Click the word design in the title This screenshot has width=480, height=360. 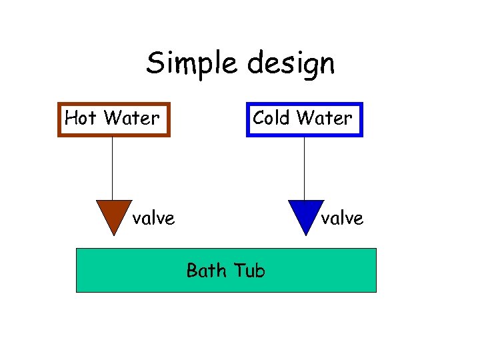pos(291,64)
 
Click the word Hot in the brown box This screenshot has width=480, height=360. pos(81,119)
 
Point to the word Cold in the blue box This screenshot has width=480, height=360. pos(271,118)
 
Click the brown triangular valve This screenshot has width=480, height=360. pos(114,213)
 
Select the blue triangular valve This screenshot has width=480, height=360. pos(305,213)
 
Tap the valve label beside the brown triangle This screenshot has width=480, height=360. pos(153,218)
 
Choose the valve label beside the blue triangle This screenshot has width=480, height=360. pos(343,218)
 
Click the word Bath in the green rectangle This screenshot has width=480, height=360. pos(205,271)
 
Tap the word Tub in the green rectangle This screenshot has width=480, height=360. pos(250,271)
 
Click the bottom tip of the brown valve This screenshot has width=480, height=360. pos(114,233)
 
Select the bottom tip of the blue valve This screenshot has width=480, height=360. pos(305,233)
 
